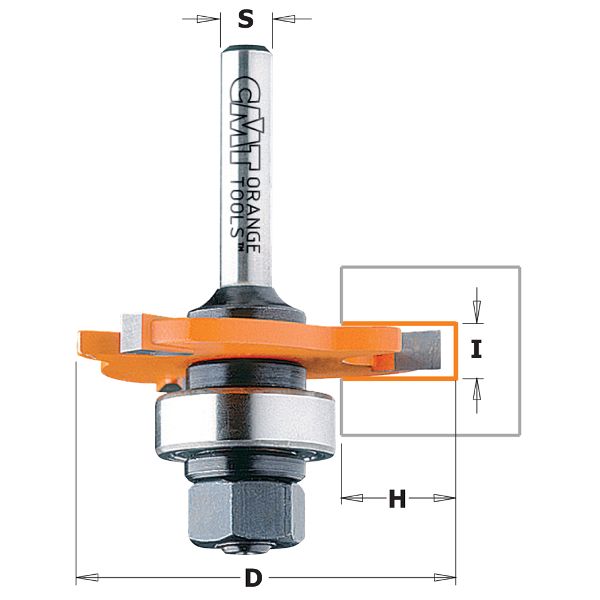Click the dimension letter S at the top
[x=247, y=17]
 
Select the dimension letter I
[x=477, y=349]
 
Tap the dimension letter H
[x=398, y=498]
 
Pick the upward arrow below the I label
[x=477, y=389]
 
